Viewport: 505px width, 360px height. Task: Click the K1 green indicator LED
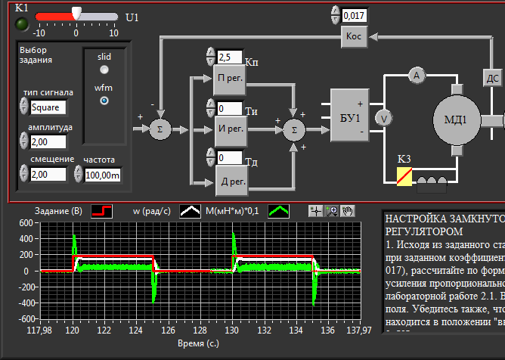(22, 24)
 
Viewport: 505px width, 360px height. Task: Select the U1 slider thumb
(76, 14)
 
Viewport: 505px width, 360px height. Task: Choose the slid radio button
(104, 70)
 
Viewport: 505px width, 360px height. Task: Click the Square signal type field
(48, 107)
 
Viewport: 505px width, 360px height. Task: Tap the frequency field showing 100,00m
(103, 175)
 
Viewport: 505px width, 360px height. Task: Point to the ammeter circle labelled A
(414, 74)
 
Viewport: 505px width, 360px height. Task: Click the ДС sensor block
(492, 77)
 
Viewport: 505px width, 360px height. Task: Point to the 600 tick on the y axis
(26, 223)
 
